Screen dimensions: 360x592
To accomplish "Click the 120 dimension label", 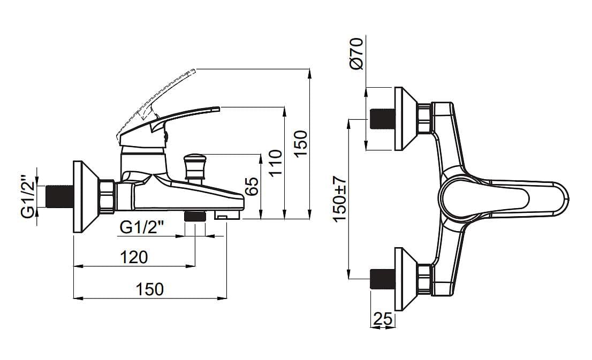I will (x=134, y=257).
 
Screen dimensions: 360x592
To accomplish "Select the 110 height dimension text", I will (x=274, y=164).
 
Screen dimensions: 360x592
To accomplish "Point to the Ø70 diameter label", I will (x=356, y=52).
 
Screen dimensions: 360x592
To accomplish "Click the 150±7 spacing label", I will (x=340, y=199).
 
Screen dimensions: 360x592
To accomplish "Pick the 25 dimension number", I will (x=382, y=319).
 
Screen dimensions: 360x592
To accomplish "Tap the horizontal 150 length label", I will (x=150, y=289).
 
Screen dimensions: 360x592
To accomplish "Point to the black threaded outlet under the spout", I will (x=195, y=216).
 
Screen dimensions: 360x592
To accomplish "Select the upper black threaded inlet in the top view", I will (x=383, y=119).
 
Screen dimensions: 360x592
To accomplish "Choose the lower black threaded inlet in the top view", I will (x=383, y=279).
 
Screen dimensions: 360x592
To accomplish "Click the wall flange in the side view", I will (x=83, y=196).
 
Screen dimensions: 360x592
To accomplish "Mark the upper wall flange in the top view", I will (x=405, y=119).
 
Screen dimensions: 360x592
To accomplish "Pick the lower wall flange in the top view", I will (x=405, y=279).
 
